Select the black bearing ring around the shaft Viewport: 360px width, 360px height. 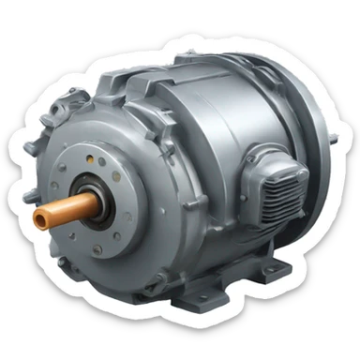91,198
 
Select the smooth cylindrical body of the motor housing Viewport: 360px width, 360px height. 216,122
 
